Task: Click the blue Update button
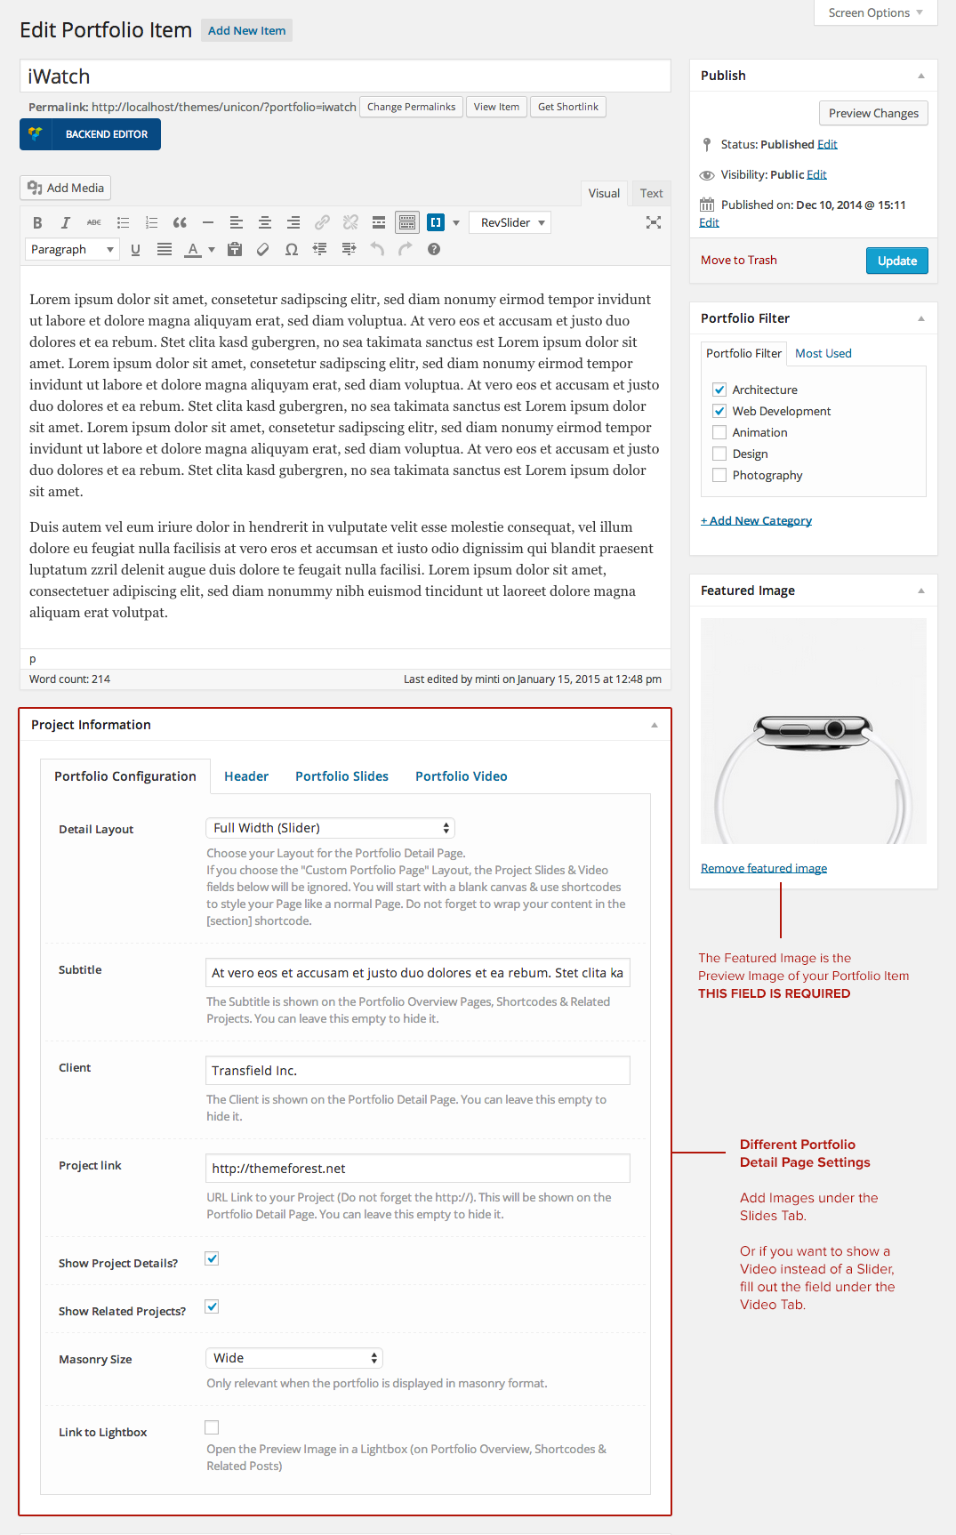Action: point(896,261)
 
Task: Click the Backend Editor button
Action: point(90,134)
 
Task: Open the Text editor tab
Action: point(651,193)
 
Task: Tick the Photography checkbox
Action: point(719,475)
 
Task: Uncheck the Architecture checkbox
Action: point(719,390)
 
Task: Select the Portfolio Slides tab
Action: point(341,776)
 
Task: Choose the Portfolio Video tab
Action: point(461,776)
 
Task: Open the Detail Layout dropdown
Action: point(330,828)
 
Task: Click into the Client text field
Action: point(417,1071)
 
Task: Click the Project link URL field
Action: point(417,1169)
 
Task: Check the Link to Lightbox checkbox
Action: point(212,1427)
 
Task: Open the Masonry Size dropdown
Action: point(294,1358)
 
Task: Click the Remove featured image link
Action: point(764,868)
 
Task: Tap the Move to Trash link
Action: point(738,261)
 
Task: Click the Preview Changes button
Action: point(873,113)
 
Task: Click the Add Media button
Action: point(66,188)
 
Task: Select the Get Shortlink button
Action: point(567,107)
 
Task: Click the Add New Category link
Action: point(756,520)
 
